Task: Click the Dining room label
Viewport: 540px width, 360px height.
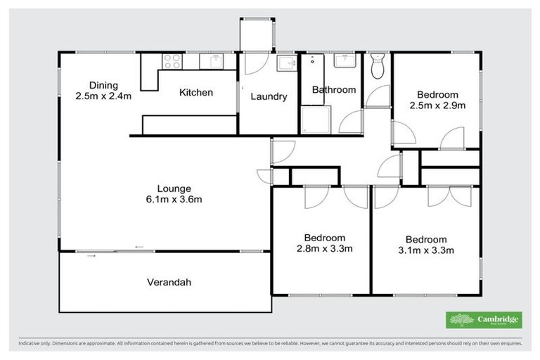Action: tap(103, 84)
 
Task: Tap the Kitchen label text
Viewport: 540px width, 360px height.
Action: tap(196, 93)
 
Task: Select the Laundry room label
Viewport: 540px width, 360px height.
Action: tap(269, 96)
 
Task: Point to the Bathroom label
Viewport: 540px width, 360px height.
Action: tap(334, 90)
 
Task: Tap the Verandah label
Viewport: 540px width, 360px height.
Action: tap(169, 283)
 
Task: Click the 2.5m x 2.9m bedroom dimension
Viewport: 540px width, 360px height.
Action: tap(437, 106)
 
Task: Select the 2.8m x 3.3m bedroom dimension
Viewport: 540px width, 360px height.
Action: tap(324, 248)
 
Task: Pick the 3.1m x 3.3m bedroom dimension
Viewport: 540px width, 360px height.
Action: tap(425, 250)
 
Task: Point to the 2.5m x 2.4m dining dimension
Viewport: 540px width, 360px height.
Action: tap(103, 96)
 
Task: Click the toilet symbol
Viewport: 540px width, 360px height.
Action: tap(376, 66)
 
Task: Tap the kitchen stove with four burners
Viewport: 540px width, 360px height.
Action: tap(171, 62)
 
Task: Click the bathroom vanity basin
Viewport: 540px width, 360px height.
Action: tap(345, 62)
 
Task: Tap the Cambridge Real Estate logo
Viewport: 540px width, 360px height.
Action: tap(484, 320)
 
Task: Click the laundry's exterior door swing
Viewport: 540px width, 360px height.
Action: tap(255, 63)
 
